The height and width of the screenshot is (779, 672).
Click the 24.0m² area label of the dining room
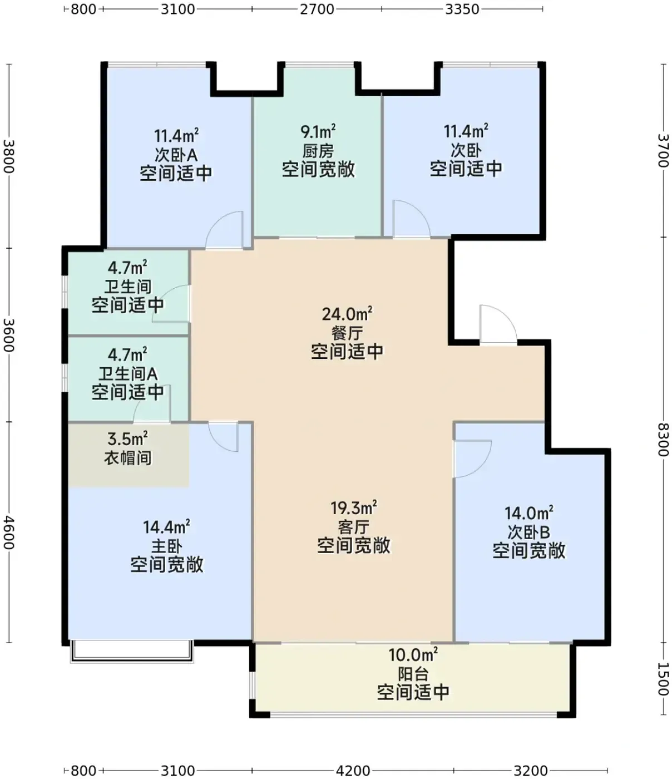[347, 314]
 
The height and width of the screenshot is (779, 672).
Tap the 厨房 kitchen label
[318, 151]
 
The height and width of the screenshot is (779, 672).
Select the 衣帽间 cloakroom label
[128, 458]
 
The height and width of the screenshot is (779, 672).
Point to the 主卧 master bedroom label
[166, 546]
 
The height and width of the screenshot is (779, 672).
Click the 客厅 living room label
[354, 527]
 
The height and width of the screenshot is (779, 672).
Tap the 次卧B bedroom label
[528, 532]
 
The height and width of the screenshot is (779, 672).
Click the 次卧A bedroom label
[176, 154]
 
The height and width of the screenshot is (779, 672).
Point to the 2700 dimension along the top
[317, 9]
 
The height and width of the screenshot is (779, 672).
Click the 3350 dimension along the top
[462, 9]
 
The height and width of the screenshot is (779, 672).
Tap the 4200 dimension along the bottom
[353, 771]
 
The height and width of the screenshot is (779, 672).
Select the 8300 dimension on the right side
[663, 440]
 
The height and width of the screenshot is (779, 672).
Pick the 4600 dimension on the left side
[9, 533]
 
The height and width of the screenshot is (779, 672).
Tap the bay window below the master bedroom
[132, 651]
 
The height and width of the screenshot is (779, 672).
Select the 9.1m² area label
[318, 131]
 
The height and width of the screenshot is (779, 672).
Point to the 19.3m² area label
[354, 507]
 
